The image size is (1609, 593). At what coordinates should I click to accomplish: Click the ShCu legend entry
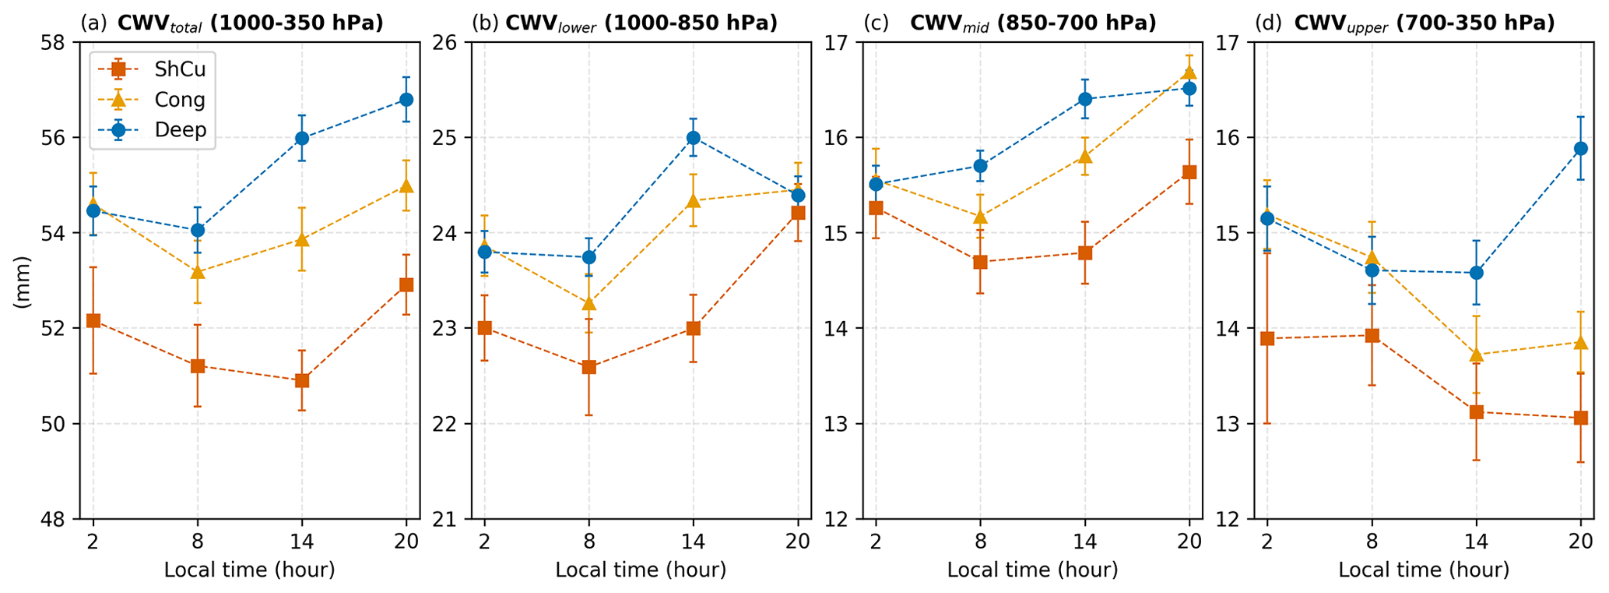[x=179, y=69]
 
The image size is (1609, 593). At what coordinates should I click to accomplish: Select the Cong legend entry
[x=179, y=100]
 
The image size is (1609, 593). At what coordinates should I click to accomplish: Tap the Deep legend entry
[x=180, y=129]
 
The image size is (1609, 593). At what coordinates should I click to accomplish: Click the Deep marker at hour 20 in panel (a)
[x=406, y=100]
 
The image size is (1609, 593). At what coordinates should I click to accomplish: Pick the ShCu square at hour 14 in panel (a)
[x=302, y=381]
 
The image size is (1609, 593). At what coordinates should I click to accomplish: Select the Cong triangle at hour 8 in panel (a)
[x=198, y=272]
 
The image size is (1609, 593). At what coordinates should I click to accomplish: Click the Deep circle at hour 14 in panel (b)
[x=694, y=138]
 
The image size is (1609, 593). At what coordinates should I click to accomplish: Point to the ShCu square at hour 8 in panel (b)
[x=589, y=367]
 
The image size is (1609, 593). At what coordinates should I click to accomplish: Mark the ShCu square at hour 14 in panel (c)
[x=1085, y=253]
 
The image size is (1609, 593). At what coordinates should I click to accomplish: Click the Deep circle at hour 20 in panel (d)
[x=1581, y=148]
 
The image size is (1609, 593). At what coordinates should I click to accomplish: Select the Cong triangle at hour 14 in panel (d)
[x=1477, y=355]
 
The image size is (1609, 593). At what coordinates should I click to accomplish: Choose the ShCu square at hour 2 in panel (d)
[x=1267, y=338]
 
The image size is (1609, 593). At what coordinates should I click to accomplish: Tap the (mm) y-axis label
[x=23, y=280]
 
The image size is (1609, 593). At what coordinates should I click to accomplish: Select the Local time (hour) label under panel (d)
[x=1424, y=570]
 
